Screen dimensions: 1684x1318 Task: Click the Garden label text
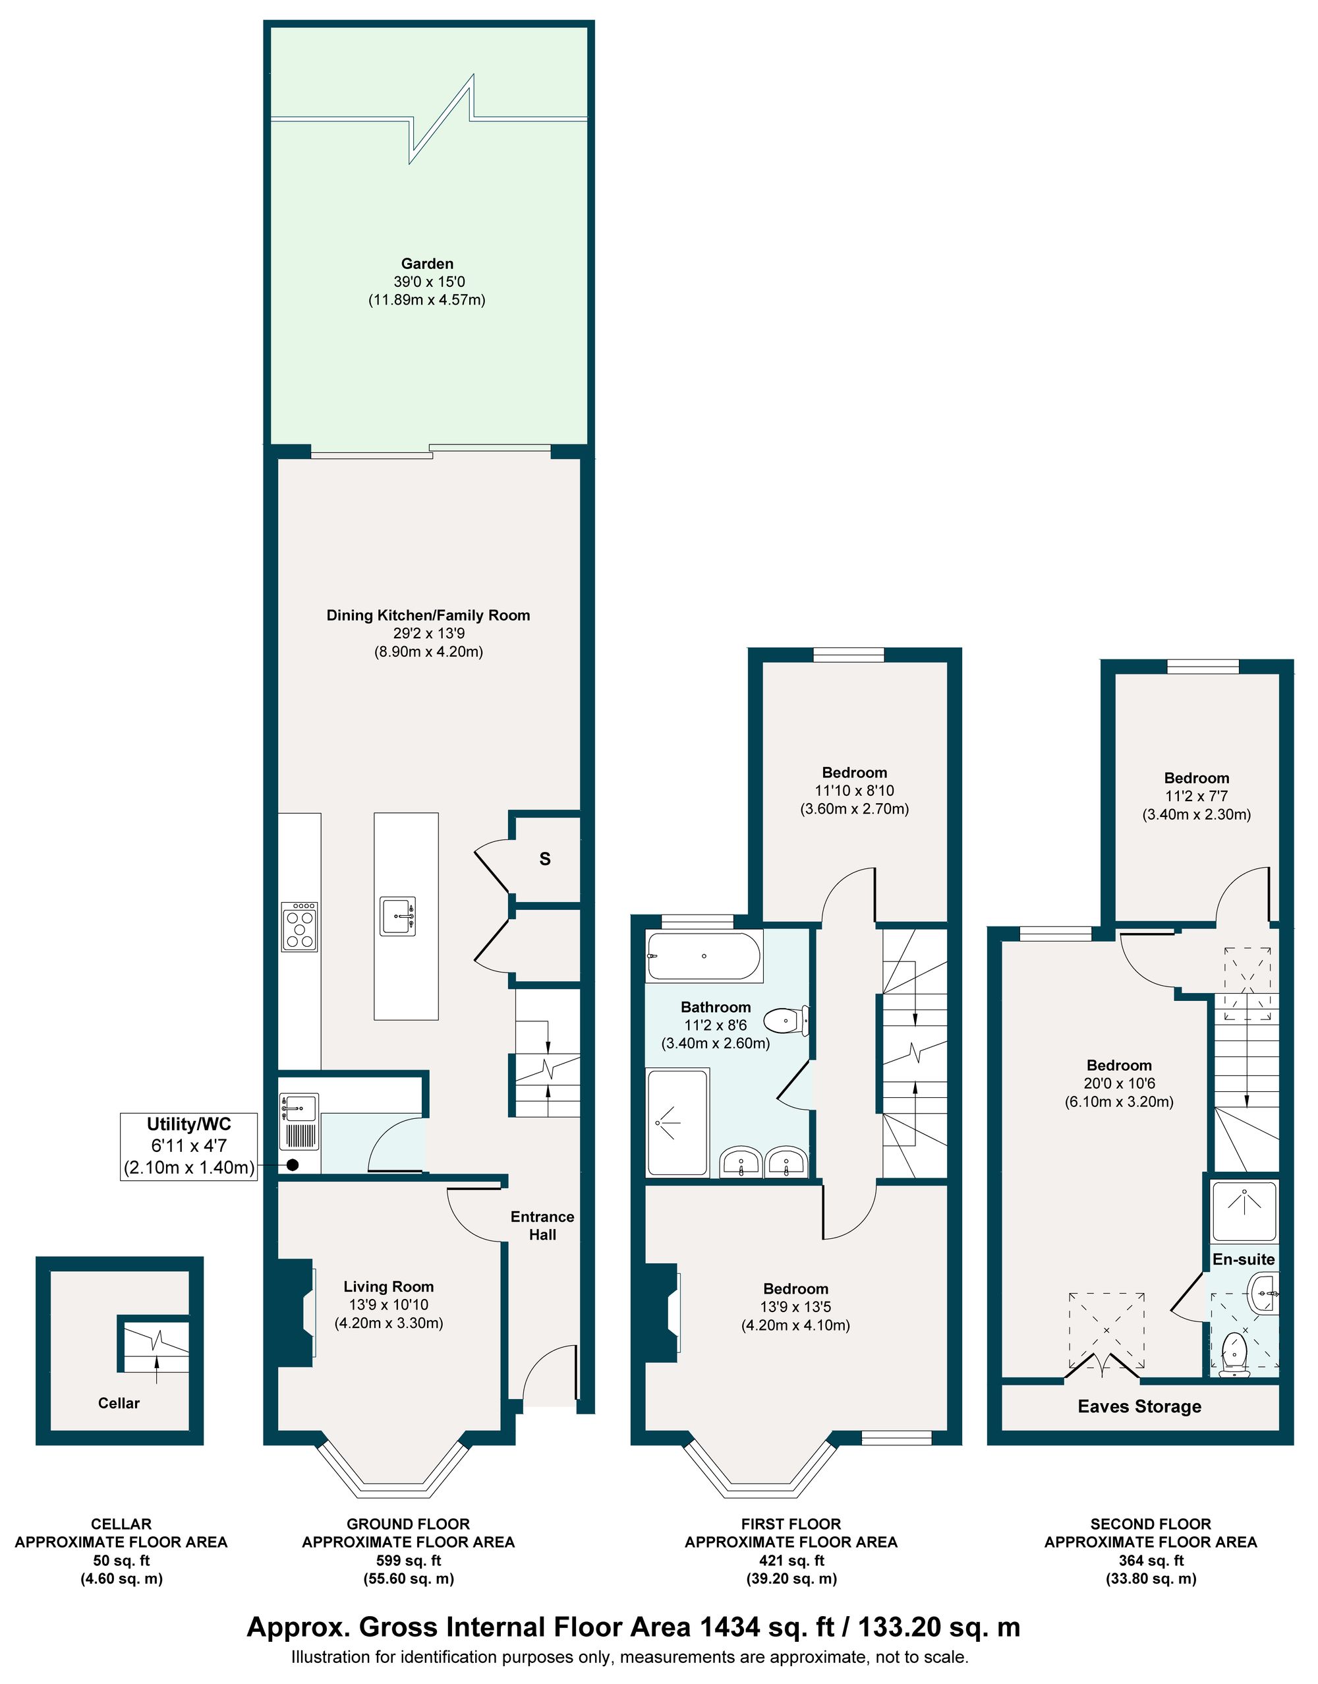pos(427,263)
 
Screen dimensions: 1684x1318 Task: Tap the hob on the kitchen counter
pos(299,926)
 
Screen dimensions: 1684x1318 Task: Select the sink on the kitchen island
pos(398,916)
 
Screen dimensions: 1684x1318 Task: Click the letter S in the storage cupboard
pos(545,858)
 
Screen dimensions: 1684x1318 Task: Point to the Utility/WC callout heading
pos(189,1124)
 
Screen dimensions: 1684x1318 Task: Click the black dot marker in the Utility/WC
pos(293,1165)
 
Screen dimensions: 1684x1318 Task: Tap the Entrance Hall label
pos(542,1225)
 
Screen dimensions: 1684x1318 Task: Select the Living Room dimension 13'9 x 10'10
pos(388,1304)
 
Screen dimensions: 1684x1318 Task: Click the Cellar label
pos(119,1403)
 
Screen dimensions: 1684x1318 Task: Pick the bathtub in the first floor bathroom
pos(704,956)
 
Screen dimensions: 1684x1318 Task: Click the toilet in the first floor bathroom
pos(786,1021)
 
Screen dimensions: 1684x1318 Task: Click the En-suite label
pos(1243,1259)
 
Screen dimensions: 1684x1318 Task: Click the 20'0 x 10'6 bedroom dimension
pos(1119,1083)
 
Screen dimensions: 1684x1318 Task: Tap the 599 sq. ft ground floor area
pos(408,1561)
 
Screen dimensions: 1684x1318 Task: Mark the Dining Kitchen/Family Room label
pos(428,615)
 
